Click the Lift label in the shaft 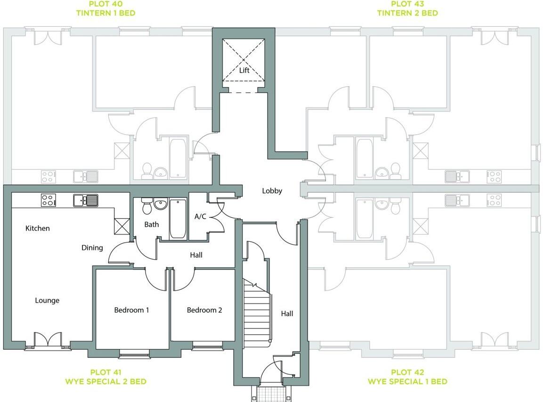point(244,71)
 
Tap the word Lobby point(272,191)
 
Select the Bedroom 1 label point(131,310)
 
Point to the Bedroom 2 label point(204,310)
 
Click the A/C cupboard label point(201,217)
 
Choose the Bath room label point(151,224)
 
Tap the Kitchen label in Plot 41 point(37,228)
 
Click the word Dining point(92,247)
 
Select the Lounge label point(47,300)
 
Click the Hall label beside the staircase point(287,313)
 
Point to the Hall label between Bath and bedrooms point(196,255)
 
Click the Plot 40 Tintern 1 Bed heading point(105,8)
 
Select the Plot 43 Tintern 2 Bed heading point(407,8)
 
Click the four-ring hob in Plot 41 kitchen point(48,200)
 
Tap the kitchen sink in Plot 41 point(86,200)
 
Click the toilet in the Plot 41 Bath point(146,205)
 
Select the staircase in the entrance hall point(257,311)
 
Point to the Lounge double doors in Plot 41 point(48,340)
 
